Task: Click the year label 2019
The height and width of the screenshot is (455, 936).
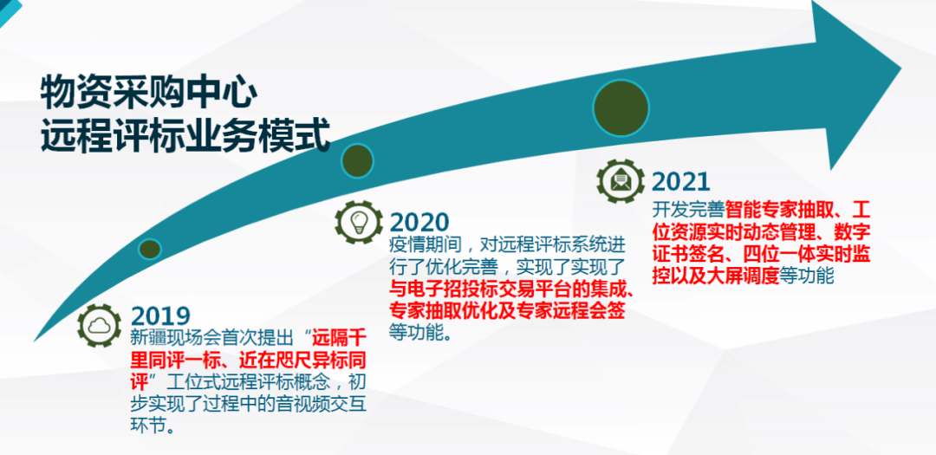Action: point(160,315)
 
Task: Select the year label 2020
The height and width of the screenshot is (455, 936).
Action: point(419,222)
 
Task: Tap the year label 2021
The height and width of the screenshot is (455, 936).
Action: point(680,181)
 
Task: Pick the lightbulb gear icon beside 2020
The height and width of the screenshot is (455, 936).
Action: point(358,222)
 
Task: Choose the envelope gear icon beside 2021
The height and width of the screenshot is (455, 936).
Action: point(621,180)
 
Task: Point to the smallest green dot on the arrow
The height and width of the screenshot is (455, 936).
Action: point(150,249)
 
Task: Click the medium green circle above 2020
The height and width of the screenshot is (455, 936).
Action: point(357,161)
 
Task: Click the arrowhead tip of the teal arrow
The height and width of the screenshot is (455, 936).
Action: point(900,69)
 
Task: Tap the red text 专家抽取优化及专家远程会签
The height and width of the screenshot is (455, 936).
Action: point(507,310)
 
